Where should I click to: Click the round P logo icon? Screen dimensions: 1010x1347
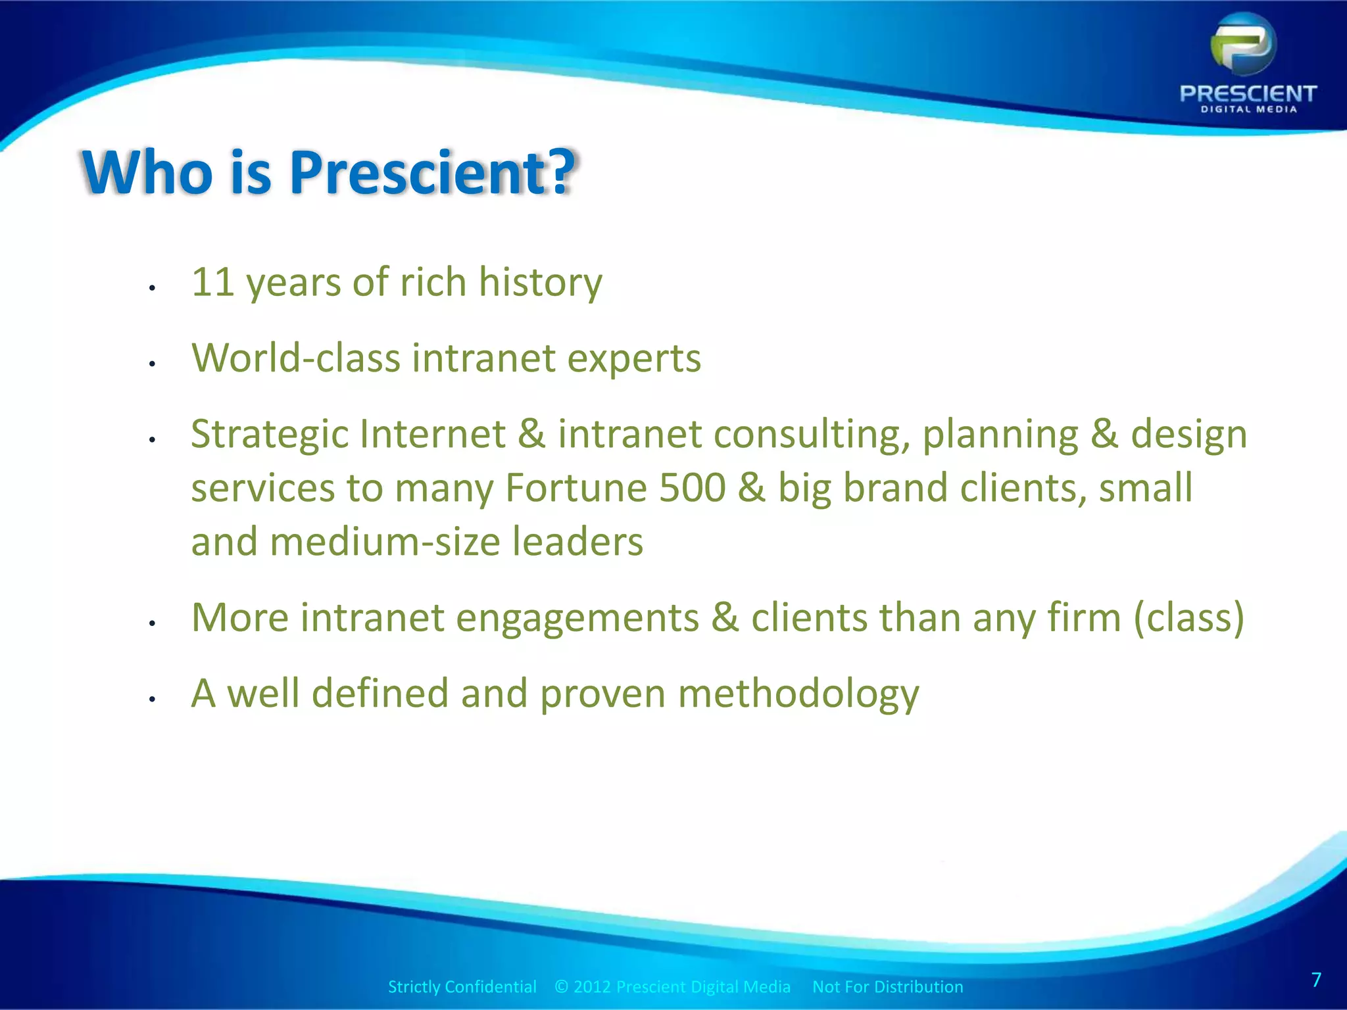click(1243, 45)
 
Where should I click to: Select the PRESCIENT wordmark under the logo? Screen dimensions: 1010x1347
click(1248, 93)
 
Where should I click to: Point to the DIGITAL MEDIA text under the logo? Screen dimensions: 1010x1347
click(1248, 110)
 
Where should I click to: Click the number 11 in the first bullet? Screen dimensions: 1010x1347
click(212, 282)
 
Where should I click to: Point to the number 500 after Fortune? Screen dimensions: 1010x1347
click(692, 488)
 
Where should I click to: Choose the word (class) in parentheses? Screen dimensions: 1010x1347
click(1189, 618)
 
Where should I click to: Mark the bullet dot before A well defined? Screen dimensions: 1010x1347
click(151, 700)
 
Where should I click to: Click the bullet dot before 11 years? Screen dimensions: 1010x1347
click(151, 288)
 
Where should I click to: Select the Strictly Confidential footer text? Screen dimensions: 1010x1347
click(462, 986)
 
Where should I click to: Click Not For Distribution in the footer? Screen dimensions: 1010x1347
click(887, 986)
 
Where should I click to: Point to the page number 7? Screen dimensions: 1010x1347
click(1316, 980)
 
